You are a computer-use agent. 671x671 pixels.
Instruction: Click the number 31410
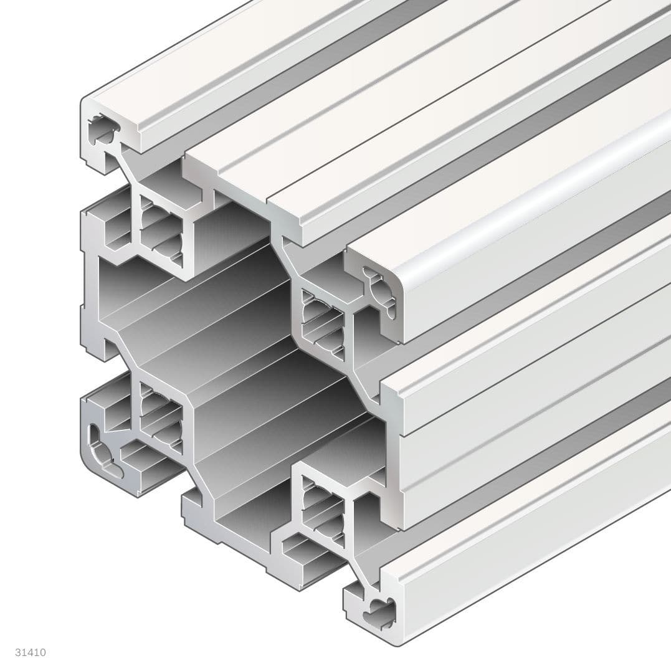[x=31, y=652]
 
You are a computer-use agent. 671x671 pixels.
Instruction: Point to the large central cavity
[x=237, y=349]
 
